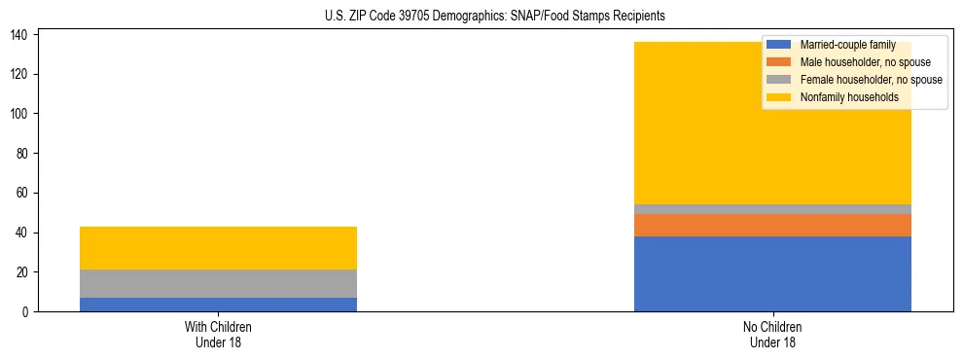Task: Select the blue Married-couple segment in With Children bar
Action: (218, 305)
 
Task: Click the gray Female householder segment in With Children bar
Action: (218, 283)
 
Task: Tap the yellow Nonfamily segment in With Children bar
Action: (218, 248)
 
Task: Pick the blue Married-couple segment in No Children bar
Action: (772, 273)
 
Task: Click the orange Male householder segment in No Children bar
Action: (772, 225)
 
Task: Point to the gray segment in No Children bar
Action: (772, 209)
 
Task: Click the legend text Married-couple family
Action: (848, 45)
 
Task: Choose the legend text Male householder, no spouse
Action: (865, 62)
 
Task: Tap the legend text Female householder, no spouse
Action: (871, 80)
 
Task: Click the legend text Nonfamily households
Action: (849, 97)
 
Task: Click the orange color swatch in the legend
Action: (779, 62)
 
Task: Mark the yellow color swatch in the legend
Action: (779, 97)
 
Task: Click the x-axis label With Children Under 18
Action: (218, 334)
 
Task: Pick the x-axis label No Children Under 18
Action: (772, 334)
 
